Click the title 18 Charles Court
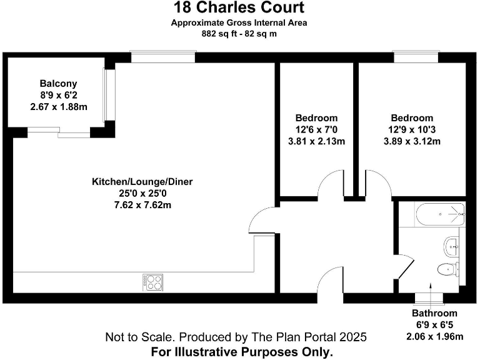[239, 7]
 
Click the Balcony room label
[58, 83]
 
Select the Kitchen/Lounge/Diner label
[142, 182]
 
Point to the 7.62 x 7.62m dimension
[142, 204]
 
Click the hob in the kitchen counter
[153, 282]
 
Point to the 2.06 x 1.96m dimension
[434, 337]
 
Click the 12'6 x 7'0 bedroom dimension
[316, 129]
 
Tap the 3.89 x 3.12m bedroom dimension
[412, 141]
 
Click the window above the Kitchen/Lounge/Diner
[163, 57]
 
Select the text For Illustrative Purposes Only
[241, 352]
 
